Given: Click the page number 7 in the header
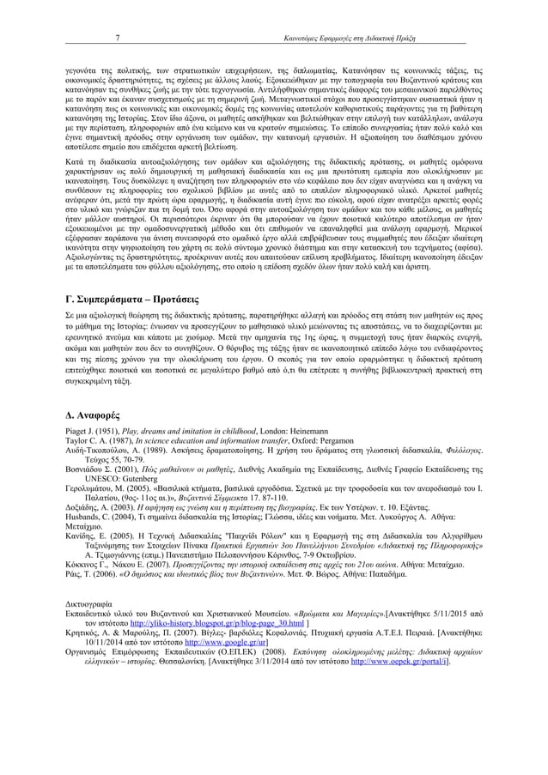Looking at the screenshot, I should (117, 39).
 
